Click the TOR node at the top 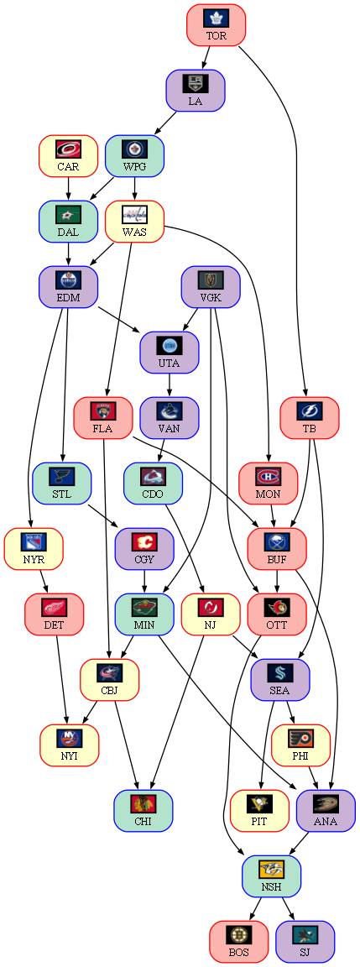[x=217, y=25]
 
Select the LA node [x=195, y=91]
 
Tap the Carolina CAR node [x=68, y=155]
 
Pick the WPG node [x=134, y=155]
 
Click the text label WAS [x=134, y=232]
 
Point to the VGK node [x=211, y=287]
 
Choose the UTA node [x=169, y=353]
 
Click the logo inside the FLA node [x=103, y=411]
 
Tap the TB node [x=310, y=417]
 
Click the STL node [x=61, y=483]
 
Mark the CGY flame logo [x=144, y=542]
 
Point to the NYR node [x=34, y=549]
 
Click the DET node [x=55, y=614]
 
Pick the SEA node [x=280, y=680]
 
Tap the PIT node [x=259, y=810]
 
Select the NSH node [x=271, y=876]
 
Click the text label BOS [x=239, y=952]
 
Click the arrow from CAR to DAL [x=68, y=188]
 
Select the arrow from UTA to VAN [x=169, y=384]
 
